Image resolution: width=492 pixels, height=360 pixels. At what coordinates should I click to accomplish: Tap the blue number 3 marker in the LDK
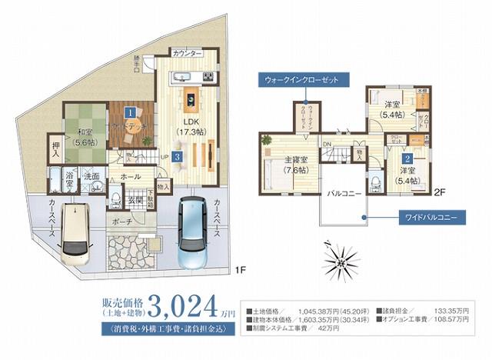178,157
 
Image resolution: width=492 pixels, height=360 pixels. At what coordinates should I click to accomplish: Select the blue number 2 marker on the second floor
407,158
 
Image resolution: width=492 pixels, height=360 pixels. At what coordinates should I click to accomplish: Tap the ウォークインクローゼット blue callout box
304,79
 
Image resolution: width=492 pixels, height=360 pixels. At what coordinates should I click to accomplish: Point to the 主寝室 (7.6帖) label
297,164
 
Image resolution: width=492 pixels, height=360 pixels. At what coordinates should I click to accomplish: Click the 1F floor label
240,269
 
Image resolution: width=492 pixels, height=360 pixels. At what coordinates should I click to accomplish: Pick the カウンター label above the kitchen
188,54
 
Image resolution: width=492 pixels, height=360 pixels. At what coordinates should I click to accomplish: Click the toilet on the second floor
376,183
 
